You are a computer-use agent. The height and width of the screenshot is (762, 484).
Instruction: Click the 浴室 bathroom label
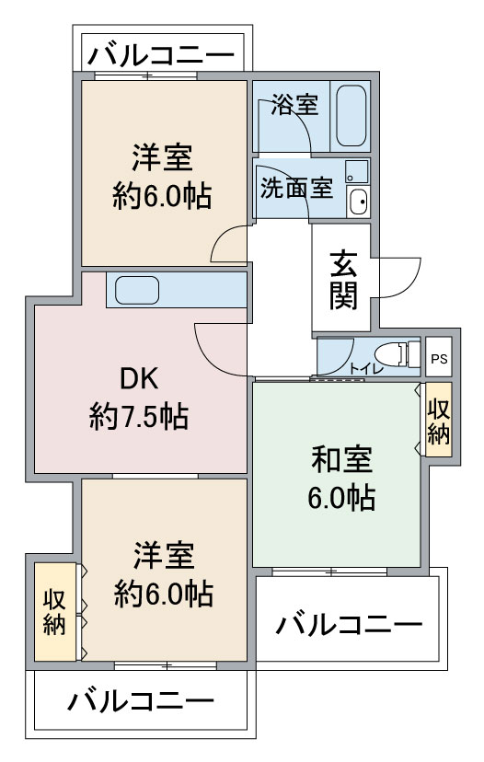[294, 105]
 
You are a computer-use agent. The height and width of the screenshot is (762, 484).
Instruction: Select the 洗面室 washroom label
[295, 188]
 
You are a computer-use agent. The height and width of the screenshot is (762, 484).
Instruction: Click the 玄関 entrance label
[344, 280]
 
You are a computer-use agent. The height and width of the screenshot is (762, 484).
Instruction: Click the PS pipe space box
[439, 359]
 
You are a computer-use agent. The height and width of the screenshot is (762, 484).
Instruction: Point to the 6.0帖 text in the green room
[340, 498]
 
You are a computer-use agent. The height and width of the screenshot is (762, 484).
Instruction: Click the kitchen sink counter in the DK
[134, 290]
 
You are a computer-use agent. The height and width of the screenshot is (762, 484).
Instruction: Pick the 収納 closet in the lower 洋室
[55, 612]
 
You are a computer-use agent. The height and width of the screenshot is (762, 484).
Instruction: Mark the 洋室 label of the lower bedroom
[163, 556]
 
